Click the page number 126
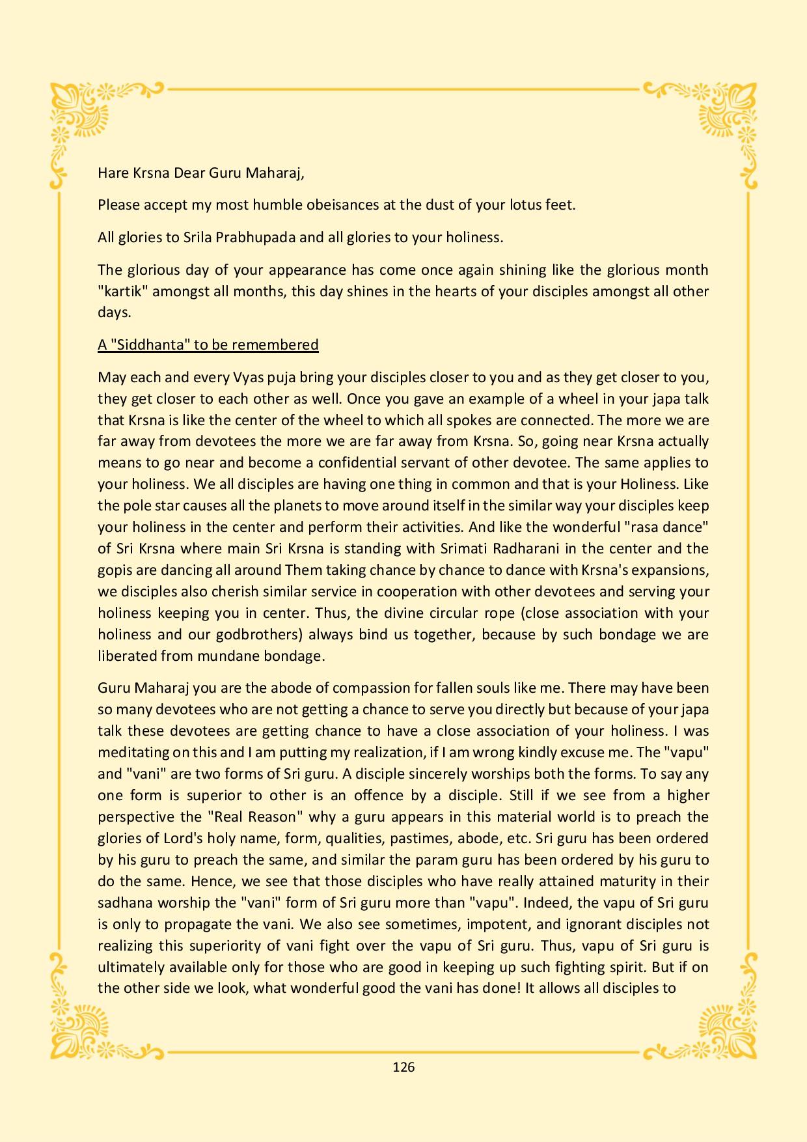(403, 1066)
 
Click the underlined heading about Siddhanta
(208, 344)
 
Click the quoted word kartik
(123, 291)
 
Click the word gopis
(115, 570)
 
